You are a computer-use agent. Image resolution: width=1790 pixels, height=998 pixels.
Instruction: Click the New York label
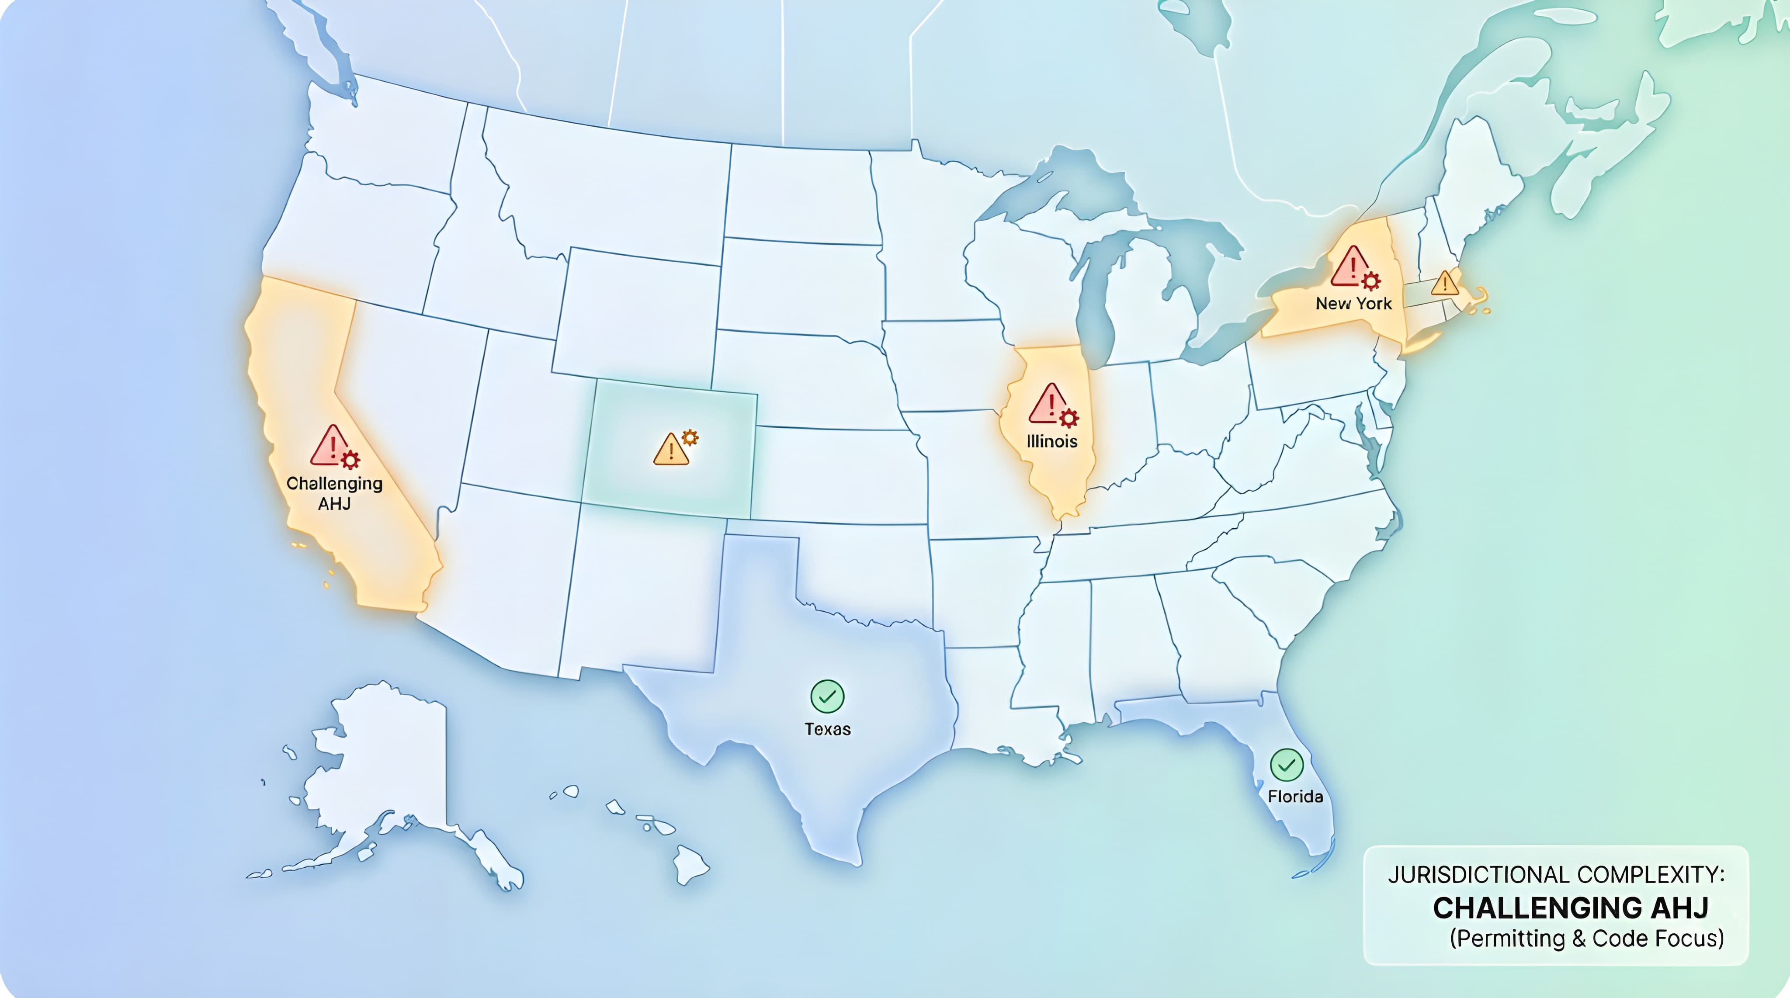(x=1353, y=304)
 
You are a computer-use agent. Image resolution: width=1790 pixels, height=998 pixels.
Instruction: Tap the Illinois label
(x=1052, y=441)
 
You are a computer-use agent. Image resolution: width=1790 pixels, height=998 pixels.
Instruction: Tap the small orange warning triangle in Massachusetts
(x=1445, y=283)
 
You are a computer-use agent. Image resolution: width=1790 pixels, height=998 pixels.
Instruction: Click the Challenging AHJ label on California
(x=334, y=493)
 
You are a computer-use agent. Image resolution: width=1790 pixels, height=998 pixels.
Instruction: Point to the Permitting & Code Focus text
(x=1586, y=939)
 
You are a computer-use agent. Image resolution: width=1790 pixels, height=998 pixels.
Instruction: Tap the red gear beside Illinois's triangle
(x=1069, y=418)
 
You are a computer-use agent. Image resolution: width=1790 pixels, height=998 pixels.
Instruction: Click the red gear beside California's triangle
(x=351, y=460)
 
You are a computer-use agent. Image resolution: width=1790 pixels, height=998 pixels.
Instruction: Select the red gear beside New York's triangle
(x=1370, y=281)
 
